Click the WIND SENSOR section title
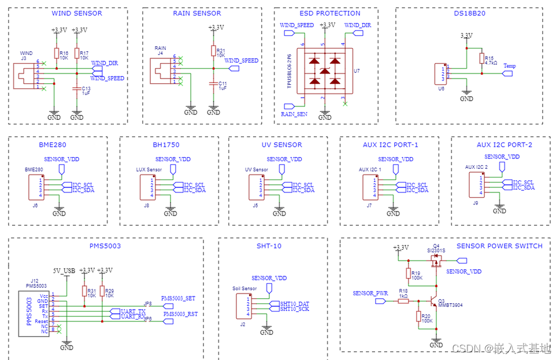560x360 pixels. click(x=76, y=13)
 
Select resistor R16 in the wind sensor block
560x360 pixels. click(x=56, y=53)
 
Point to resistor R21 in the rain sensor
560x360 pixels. click(x=213, y=51)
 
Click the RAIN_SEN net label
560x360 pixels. click(x=294, y=114)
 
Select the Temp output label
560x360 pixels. click(x=509, y=66)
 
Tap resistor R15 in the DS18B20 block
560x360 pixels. click(x=481, y=58)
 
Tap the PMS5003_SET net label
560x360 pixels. click(x=179, y=298)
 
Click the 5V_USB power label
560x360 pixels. click(x=64, y=270)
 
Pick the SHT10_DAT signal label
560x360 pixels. click(x=294, y=304)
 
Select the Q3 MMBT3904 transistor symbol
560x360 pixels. click(x=432, y=302)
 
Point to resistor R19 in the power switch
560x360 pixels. click(x=409, y=273)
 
